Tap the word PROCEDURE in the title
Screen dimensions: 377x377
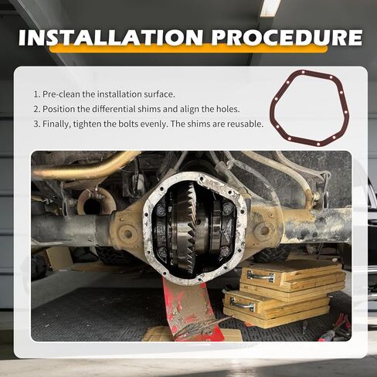coord(287,38)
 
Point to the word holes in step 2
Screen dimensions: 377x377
coord(226,109)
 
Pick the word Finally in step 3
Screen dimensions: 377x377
coord(56,124)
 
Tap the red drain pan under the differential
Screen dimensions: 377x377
coord(192,309)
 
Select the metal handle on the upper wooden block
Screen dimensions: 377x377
coord(261,275)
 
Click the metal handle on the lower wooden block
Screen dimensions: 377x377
coord(242,303)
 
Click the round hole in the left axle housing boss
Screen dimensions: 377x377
coord(128,234)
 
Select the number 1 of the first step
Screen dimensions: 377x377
coord(36,94)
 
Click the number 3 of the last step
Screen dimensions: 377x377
coord(36,124)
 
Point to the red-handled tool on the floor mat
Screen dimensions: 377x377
coord(335,331)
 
